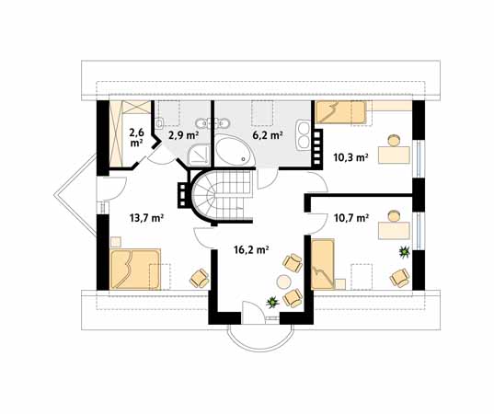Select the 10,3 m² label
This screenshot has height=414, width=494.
pos(350,157)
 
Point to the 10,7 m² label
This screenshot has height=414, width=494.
pos(350,219)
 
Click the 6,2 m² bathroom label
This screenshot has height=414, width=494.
pos(268,134)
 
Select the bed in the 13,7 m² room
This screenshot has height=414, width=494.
pos(135,269)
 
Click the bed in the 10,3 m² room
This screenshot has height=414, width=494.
pos(341,113)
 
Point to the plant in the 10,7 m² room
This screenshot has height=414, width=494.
pos(402,249)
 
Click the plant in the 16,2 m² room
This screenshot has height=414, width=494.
pos(271,302)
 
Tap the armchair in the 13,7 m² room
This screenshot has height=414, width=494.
pos(198,276)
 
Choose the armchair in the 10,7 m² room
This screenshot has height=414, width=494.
pos(399,275)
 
